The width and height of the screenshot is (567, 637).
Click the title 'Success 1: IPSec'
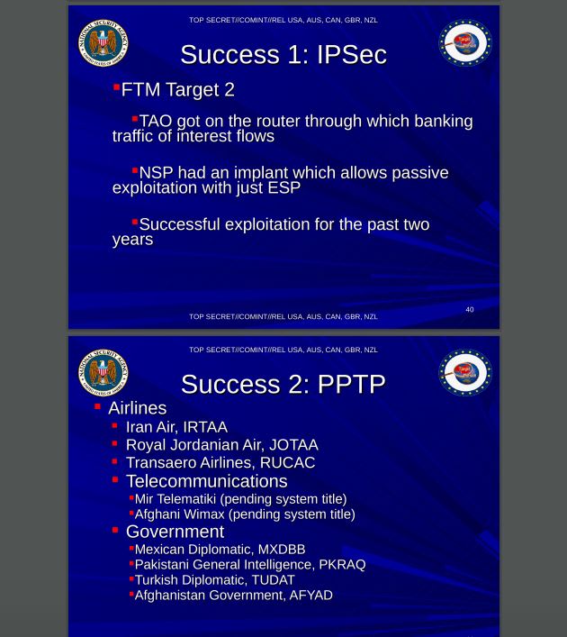click(x=283, y=55)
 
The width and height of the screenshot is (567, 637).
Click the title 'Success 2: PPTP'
click(x=283, y=385)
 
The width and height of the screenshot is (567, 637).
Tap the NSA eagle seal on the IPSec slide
click(x=103, y=42)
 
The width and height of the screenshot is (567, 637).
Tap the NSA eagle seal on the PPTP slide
click(x=103, y=372)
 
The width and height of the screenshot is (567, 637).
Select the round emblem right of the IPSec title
click(x=464, y=42)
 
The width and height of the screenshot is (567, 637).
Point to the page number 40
click(x=469, y=310)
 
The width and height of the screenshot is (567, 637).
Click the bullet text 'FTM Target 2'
click(x=177, y=90)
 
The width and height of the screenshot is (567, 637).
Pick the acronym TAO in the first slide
click(x=156, y=122)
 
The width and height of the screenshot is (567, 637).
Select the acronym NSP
click(x=156, y=173)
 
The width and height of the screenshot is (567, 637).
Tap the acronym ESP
click(x=283, y=188)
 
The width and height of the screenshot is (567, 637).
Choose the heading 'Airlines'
click(x=137, y=408)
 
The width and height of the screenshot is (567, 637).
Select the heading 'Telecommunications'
click(x=206, y=481)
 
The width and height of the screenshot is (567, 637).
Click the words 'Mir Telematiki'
click(x=175, y=499)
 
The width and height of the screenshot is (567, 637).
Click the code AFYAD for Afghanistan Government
click(x=310, y=596)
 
